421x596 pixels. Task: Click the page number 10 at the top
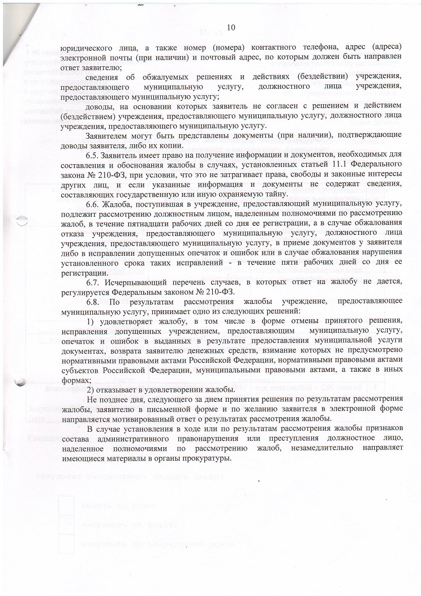(230, 27)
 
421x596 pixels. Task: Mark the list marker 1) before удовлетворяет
(92, 322)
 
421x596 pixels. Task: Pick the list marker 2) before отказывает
(91, 390)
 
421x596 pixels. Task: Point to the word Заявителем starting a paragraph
(109, 136)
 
